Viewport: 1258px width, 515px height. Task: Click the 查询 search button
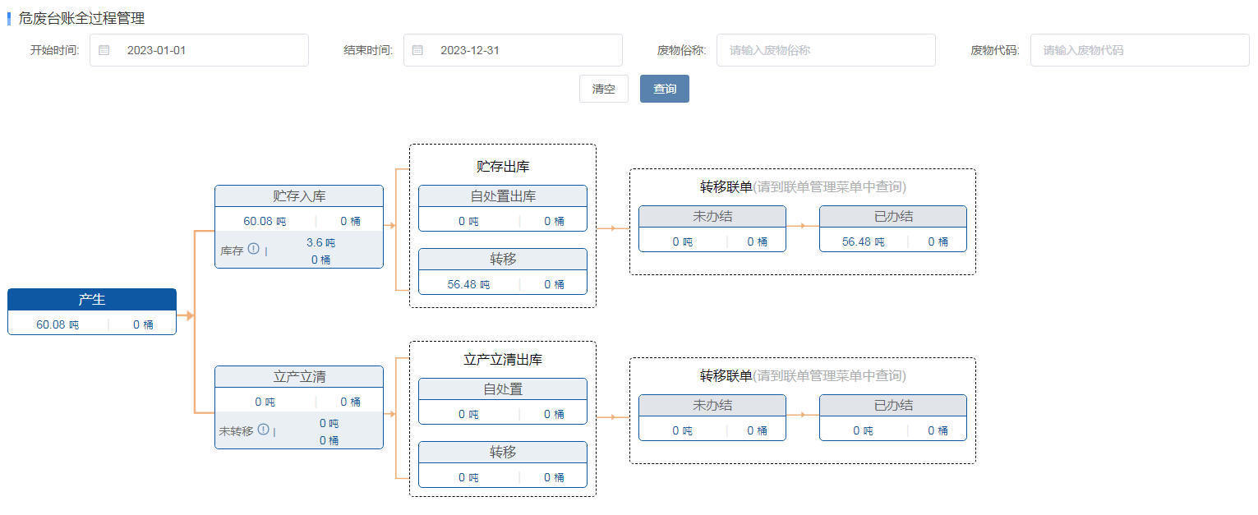click(x=665, y=89)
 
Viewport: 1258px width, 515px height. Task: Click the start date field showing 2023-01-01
click(x=199, y=50)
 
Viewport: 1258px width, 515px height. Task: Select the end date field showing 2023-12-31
click(x=513, y=50)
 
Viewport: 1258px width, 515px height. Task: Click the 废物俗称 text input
click(x=826, y=50)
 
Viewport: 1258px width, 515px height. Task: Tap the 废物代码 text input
click(x=1140, y=50)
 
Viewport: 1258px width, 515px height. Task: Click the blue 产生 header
click(x=92, y=299)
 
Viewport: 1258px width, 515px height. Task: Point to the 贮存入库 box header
click(x=299, y=196)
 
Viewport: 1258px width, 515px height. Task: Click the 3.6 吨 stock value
click(x=320, y=242)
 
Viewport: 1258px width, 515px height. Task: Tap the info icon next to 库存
click(x=254, y=248)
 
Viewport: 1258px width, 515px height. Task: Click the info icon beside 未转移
click(x=264, y=429)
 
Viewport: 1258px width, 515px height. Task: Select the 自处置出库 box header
click(x=503, y=196)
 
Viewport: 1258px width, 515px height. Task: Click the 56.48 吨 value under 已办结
click(x=863, y=241)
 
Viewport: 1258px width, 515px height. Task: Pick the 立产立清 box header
click(x=299, y=377)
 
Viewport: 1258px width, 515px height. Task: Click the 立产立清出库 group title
click(x=503, y=360)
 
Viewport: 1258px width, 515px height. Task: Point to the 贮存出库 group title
click(x=503, y=166)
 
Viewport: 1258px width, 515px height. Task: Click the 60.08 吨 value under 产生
click(x=58, y=324)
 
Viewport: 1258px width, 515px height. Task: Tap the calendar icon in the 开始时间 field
click(x=104, y=50)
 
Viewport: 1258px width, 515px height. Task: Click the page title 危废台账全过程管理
click(x=81, y=18)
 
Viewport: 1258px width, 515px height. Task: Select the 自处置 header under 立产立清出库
click(x=503, y=389)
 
